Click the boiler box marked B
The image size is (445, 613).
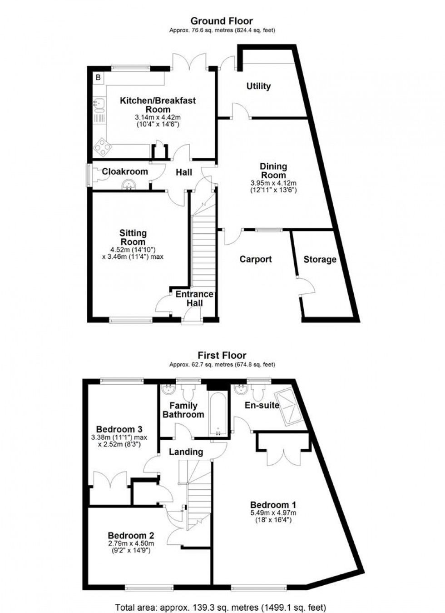coord(98,78)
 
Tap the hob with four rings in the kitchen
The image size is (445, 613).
coord(100,146)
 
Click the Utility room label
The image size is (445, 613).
coord(258,86)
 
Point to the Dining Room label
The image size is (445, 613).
coord(273,171)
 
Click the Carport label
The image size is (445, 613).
coord(256,259)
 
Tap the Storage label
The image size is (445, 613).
coord(320,259)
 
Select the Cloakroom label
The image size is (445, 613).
coord(125,171)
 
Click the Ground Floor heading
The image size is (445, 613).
coord(222,21)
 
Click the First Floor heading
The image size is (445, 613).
coord(222,355)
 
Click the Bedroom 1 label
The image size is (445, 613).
coord(273,505)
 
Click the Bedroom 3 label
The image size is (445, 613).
coord(119,429)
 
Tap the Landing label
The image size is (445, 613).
coord(186,452)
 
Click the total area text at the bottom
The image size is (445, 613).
coord(221,607)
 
